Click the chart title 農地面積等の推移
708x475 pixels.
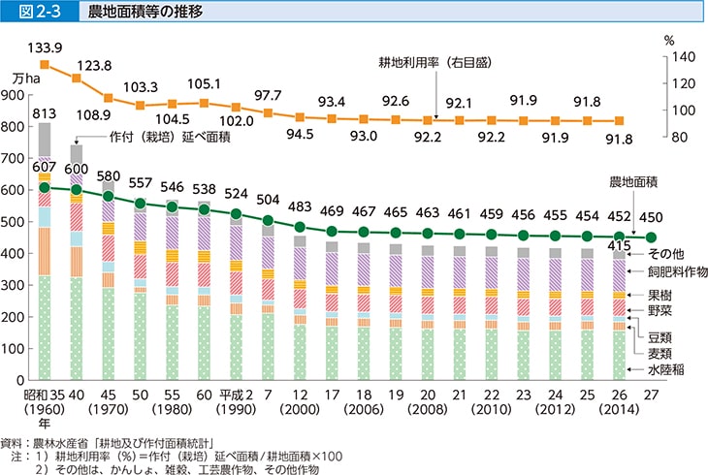click(133, 13)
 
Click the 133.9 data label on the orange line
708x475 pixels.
click(44, 46)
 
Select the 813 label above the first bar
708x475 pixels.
click(44, 113)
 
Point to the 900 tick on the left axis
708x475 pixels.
click(17, 95)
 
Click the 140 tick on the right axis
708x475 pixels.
click(683, 58)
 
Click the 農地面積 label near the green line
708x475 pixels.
click(634, 182)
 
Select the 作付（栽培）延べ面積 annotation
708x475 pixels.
click(169, 137)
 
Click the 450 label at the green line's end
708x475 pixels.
click(652, 220)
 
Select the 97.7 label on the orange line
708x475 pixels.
click(268, 94)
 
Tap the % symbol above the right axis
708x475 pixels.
click(668, 41)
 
